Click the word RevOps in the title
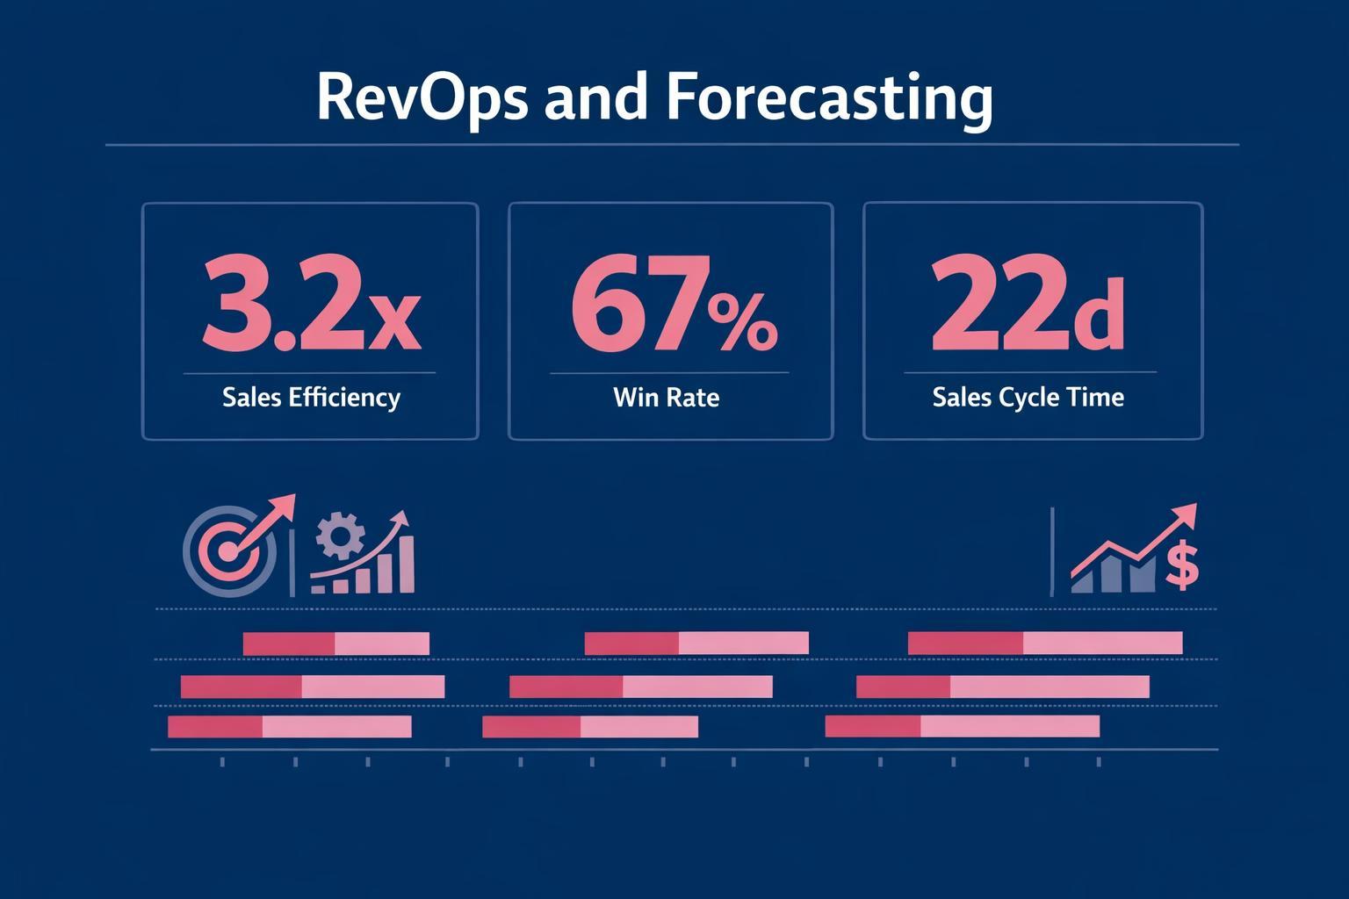[x=422, y=97]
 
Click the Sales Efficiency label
[x=311, y=398]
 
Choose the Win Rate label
[x=666, y=398]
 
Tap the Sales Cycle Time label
[x=1028, y=398]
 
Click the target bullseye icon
[x=227, y=550]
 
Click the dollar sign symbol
[x=1182, y=565]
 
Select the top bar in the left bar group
[x=335, y=644]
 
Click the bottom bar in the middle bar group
[x=589, y=727]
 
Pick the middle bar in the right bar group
[x=1002, y=687]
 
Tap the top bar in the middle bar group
[x=696, y=644]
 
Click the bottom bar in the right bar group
[x=962, y=726]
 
